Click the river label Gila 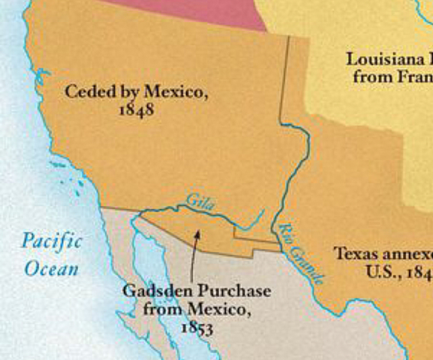tap(196, 202)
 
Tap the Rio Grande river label tap(299, 254)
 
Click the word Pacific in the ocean tap(51, 241)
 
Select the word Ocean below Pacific tap(51, 268)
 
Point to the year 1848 tap(136, 110)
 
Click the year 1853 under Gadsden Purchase tap(197, 328)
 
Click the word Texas tap(356, 253)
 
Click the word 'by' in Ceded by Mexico tap(130, 93)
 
